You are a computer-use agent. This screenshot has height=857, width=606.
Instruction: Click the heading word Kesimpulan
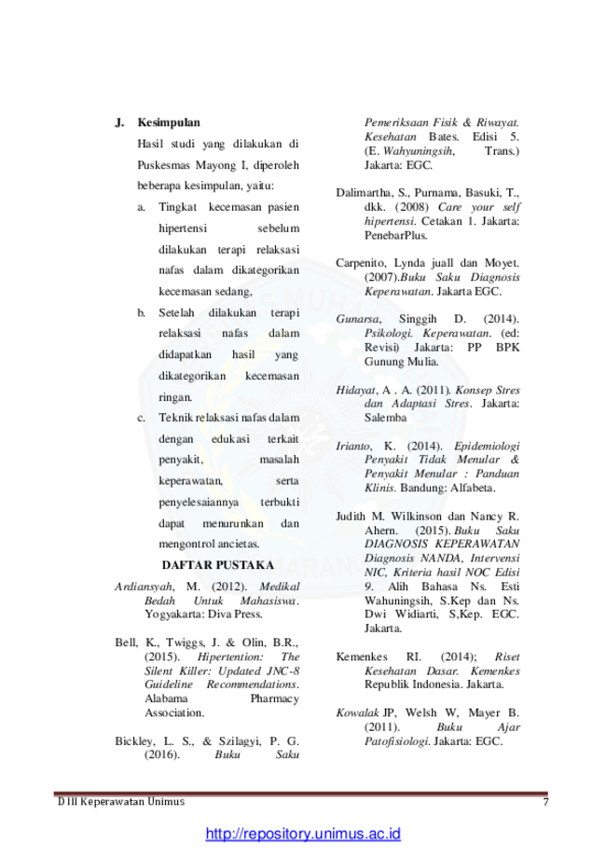[169, 122]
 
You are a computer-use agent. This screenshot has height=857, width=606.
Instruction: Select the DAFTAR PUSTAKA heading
[217, 565]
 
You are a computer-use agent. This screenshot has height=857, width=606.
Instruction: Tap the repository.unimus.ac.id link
[303, 834]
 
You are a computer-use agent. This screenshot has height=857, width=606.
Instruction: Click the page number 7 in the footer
[545, 802]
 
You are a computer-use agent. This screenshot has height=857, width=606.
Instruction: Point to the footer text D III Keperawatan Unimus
[121, 802]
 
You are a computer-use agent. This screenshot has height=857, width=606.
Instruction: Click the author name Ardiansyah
[145, 587]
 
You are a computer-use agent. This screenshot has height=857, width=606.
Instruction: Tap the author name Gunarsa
[358, 319]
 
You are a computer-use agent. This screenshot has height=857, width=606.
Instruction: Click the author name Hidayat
[356, 390]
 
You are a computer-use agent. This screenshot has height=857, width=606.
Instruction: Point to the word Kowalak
[357, 713]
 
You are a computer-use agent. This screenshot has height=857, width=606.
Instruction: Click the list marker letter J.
[119, 122]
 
